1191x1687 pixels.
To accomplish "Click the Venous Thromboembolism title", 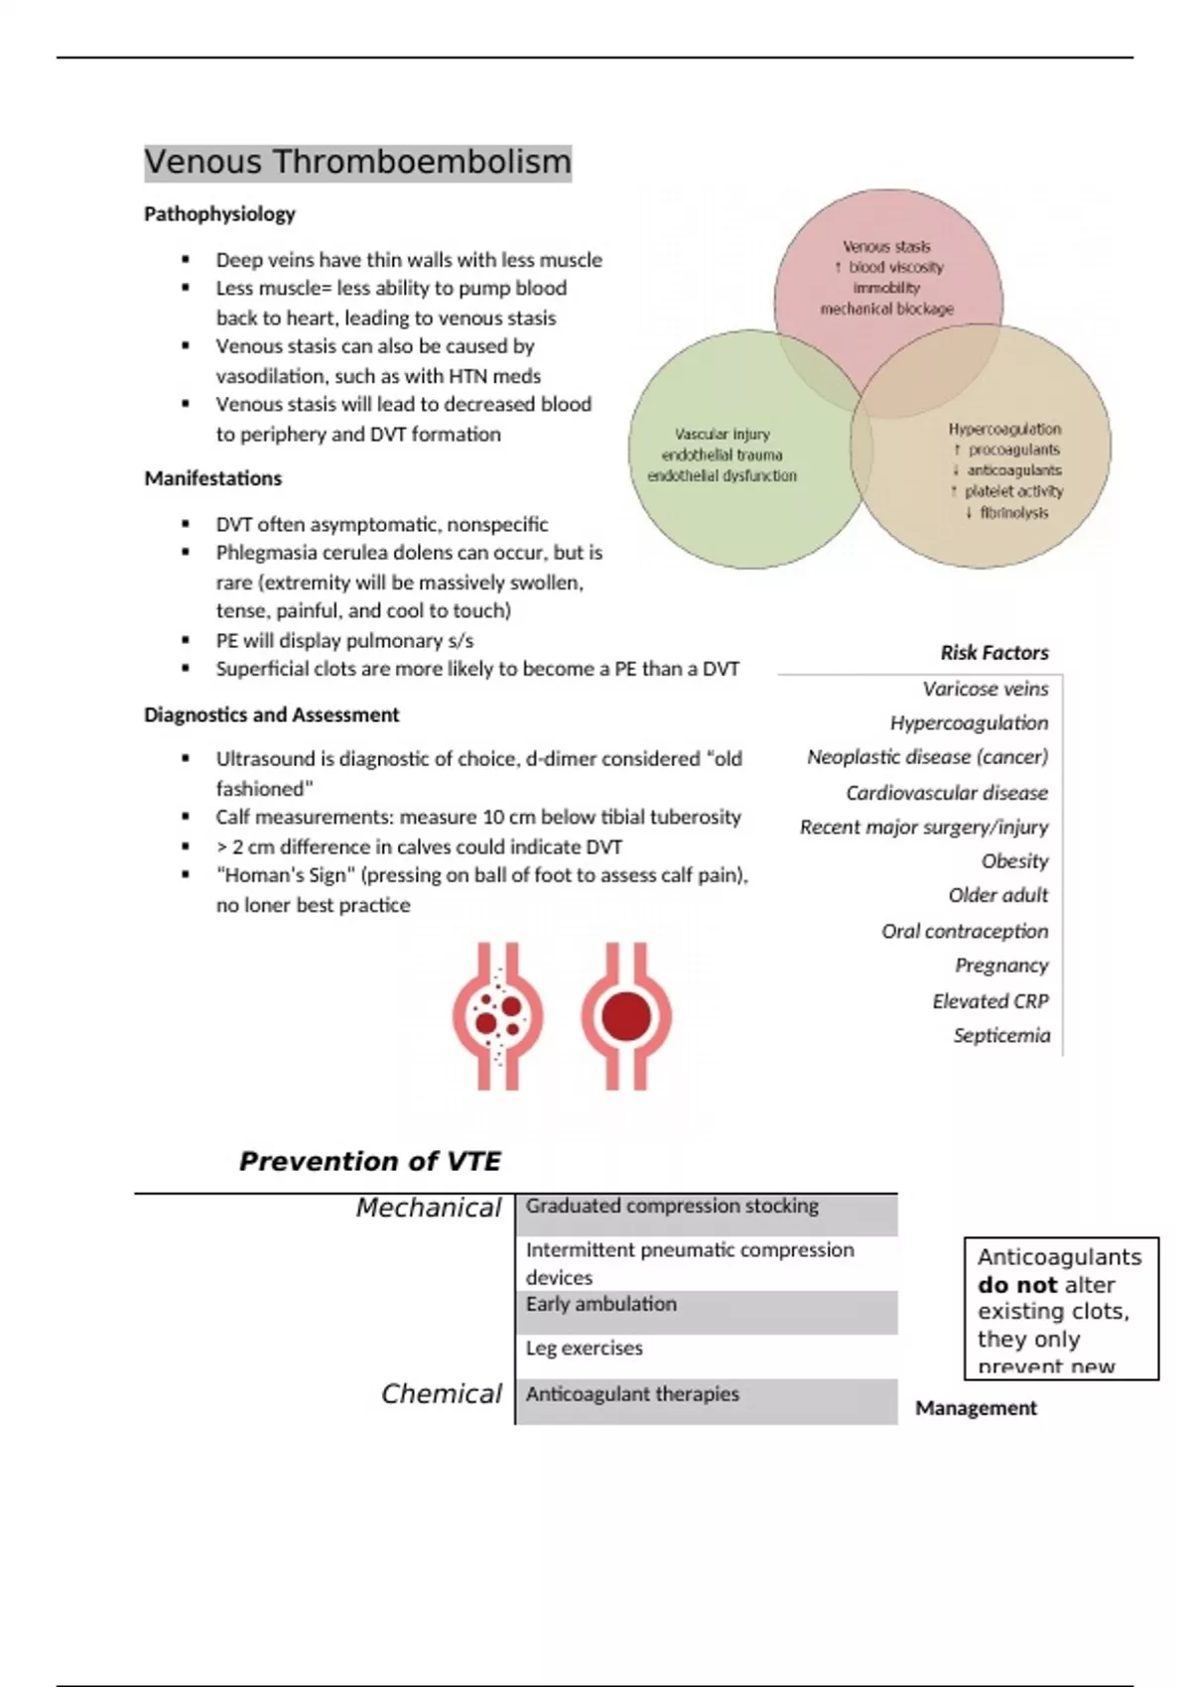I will tap(357, 162).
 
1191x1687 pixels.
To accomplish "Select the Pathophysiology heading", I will tap(219, 214).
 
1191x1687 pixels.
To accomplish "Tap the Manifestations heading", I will tap(212, 478).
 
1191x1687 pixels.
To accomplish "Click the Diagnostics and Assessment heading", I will tap(271, 714).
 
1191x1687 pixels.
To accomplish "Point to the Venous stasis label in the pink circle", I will tap(886, 247).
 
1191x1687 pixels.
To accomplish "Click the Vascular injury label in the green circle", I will tap(722, 435).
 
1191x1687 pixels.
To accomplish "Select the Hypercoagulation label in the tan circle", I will tap(1004, 429).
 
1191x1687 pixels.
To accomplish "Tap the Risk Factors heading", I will tap(994, 653).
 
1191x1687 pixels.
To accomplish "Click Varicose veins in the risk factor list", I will tap(985, 689).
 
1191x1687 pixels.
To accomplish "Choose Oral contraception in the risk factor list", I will tap(964, 931).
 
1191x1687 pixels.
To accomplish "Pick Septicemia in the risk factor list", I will tap(1000, 1035).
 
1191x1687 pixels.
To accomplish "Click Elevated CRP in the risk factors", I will tap(990, 1001).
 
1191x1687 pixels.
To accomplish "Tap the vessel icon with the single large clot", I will tap(626, 1016).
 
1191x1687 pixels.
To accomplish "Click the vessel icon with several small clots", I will tap(498, 1016).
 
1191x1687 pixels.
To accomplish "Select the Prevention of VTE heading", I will tap(369, 1161).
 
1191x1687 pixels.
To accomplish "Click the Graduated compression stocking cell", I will tap(672, 1207).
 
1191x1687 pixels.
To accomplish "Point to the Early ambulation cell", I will tap(601, 1304).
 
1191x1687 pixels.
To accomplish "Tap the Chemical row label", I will tap(441, 1394).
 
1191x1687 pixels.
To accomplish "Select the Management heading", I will tap(976, 1408).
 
